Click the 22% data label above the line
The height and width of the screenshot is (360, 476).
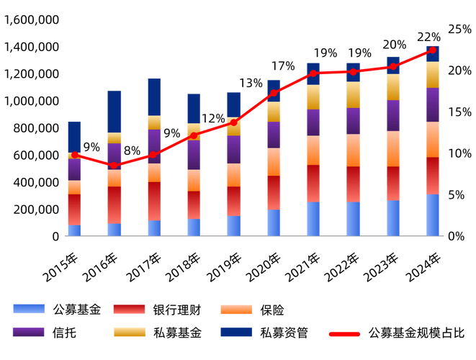[x=428, y=37]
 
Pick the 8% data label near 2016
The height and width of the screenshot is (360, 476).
[x=132, y=150]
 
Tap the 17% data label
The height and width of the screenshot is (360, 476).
[x=283, y=66]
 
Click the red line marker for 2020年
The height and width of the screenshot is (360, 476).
[x=274, y=92]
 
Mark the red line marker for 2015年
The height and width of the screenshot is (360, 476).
[x=75, y=155]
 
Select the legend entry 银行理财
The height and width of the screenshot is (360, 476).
[x=176, y=310]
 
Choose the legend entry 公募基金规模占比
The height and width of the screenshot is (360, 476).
[x=417, y=333]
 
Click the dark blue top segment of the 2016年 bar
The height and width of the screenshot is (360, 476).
[x=114, y=112]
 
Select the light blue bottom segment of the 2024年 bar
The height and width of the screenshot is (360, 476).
[x=432, y=215]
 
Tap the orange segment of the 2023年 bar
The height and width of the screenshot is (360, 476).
[x=392, y=148]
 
